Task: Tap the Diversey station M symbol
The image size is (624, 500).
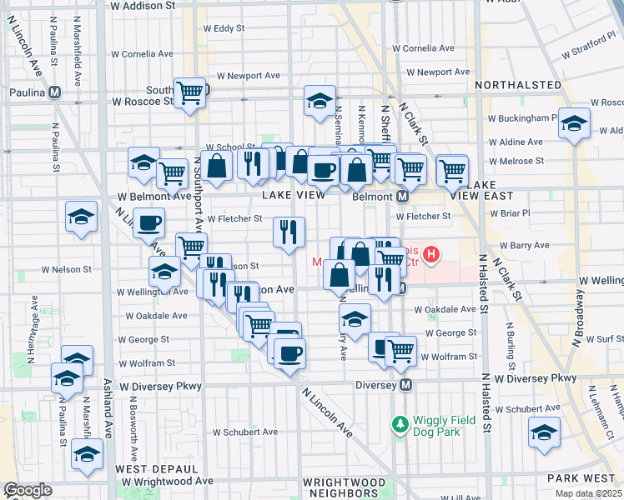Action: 406,385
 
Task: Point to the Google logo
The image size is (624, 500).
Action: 28,490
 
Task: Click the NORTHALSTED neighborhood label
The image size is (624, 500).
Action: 517,85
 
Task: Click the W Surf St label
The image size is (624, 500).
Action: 603,339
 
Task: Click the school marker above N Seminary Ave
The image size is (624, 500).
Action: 319,101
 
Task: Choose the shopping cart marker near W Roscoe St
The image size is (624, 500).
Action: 190,92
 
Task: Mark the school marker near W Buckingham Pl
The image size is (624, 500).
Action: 573,123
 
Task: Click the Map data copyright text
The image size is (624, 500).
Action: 589,493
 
